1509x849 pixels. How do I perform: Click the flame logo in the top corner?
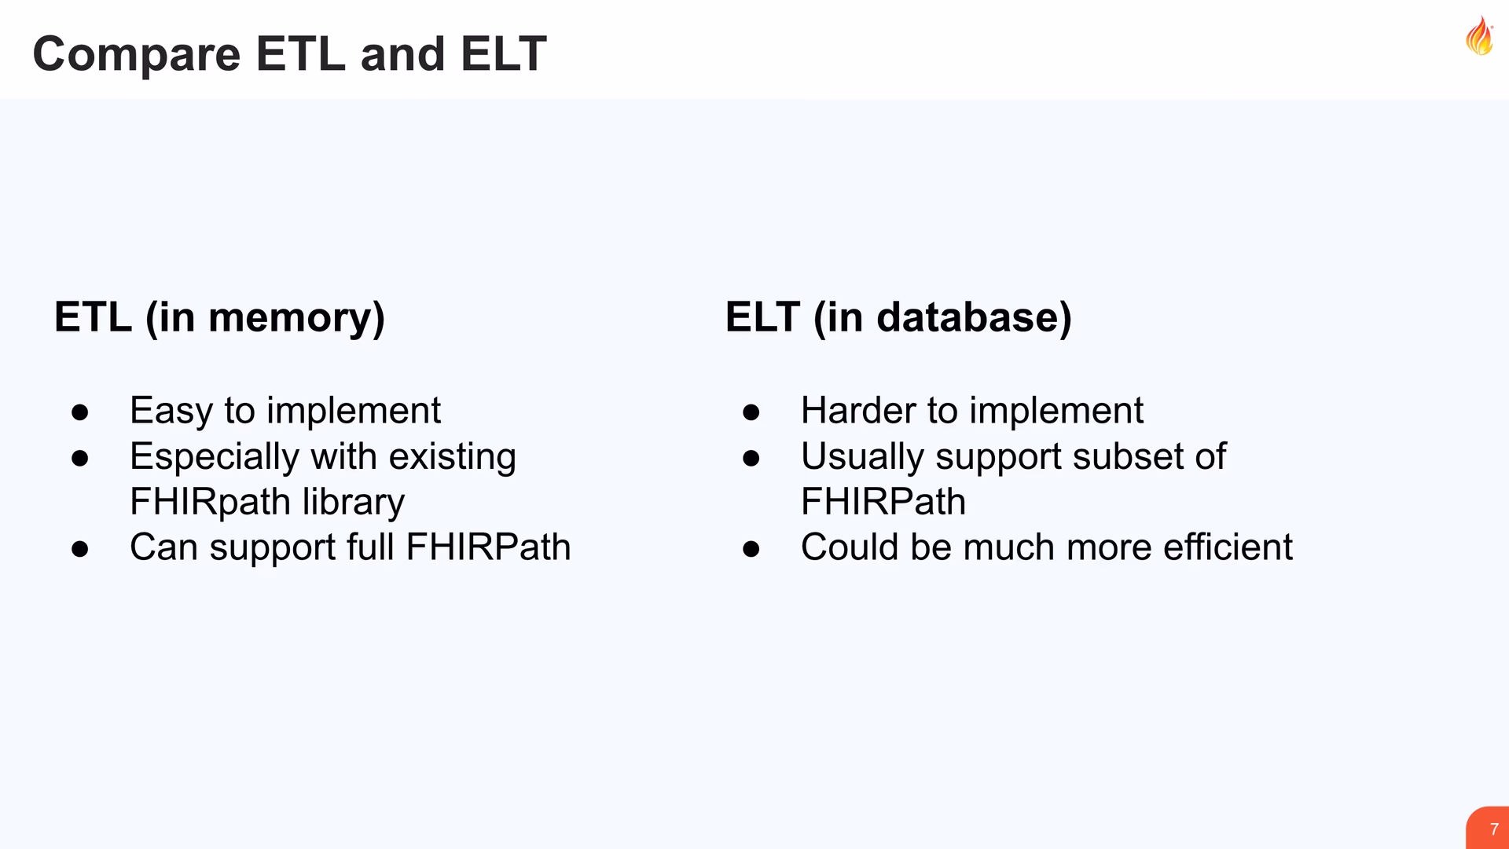1479,36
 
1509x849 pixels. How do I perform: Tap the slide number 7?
1494,829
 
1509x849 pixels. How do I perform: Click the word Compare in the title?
137,55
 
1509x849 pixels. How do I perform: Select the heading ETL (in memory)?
220,318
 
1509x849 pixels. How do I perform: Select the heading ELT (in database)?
898,318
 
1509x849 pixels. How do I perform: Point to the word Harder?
859,410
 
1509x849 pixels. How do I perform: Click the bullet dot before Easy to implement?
80,412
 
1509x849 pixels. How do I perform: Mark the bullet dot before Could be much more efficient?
751,549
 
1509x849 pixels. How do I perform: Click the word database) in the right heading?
975,318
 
